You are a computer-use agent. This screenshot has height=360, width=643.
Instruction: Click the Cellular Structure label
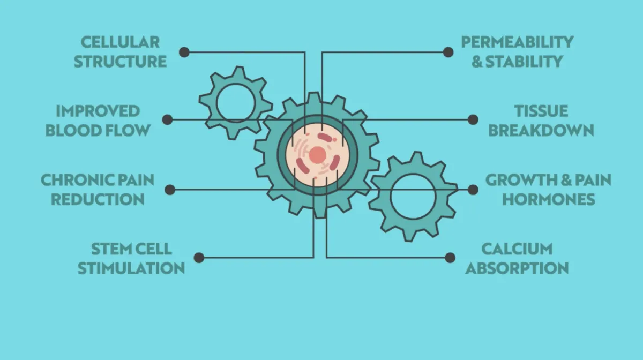(120, 52)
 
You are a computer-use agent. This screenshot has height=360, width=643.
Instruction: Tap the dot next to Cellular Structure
(184, 52)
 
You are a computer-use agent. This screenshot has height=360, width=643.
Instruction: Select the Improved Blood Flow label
(98, 121)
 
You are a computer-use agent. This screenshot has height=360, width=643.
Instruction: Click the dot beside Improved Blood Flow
(168, 119)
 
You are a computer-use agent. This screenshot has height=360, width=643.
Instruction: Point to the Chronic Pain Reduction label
(98, 189)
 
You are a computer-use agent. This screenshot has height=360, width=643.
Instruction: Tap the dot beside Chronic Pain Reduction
(170, 189)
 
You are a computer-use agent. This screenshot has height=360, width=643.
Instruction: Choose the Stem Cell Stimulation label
(131, 258)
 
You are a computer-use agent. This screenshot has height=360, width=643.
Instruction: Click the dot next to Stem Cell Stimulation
(199, 258)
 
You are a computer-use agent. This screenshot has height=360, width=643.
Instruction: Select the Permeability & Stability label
(517, 52)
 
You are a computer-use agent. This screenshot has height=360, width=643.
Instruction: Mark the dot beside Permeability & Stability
(448, 52)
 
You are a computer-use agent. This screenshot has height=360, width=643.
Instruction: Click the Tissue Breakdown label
(541, 121)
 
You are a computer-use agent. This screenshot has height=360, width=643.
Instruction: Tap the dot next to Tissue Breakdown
(473, 119)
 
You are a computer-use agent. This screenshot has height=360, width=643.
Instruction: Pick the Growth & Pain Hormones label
(548, 189)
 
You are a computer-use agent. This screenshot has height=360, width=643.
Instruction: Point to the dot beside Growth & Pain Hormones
(473, 189)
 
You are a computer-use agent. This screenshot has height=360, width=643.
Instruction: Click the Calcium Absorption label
(517, 258)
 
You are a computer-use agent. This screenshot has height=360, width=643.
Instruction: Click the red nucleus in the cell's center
(318, 155)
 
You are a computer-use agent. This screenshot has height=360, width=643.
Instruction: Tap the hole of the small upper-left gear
(236, 102)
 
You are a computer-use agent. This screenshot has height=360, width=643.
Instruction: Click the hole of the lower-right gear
(413, 196)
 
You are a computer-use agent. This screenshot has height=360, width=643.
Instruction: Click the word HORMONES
(548, 199)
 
